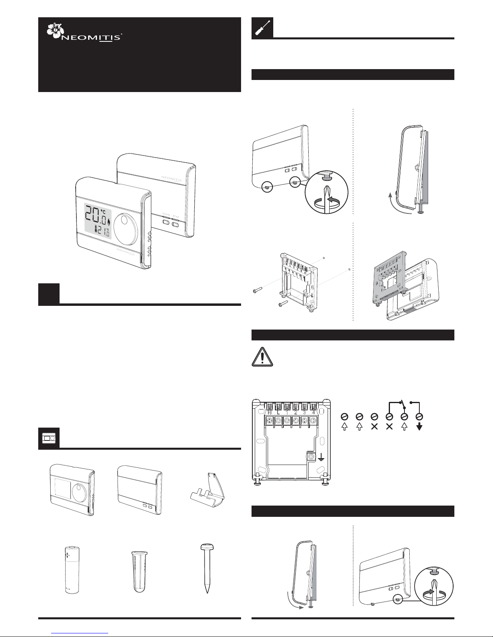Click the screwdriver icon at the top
262,28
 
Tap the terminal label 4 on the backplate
313,412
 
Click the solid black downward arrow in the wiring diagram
419,427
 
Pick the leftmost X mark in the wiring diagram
374,427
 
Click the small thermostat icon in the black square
49,438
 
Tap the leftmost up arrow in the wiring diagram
344,427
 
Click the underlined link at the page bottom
80,633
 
